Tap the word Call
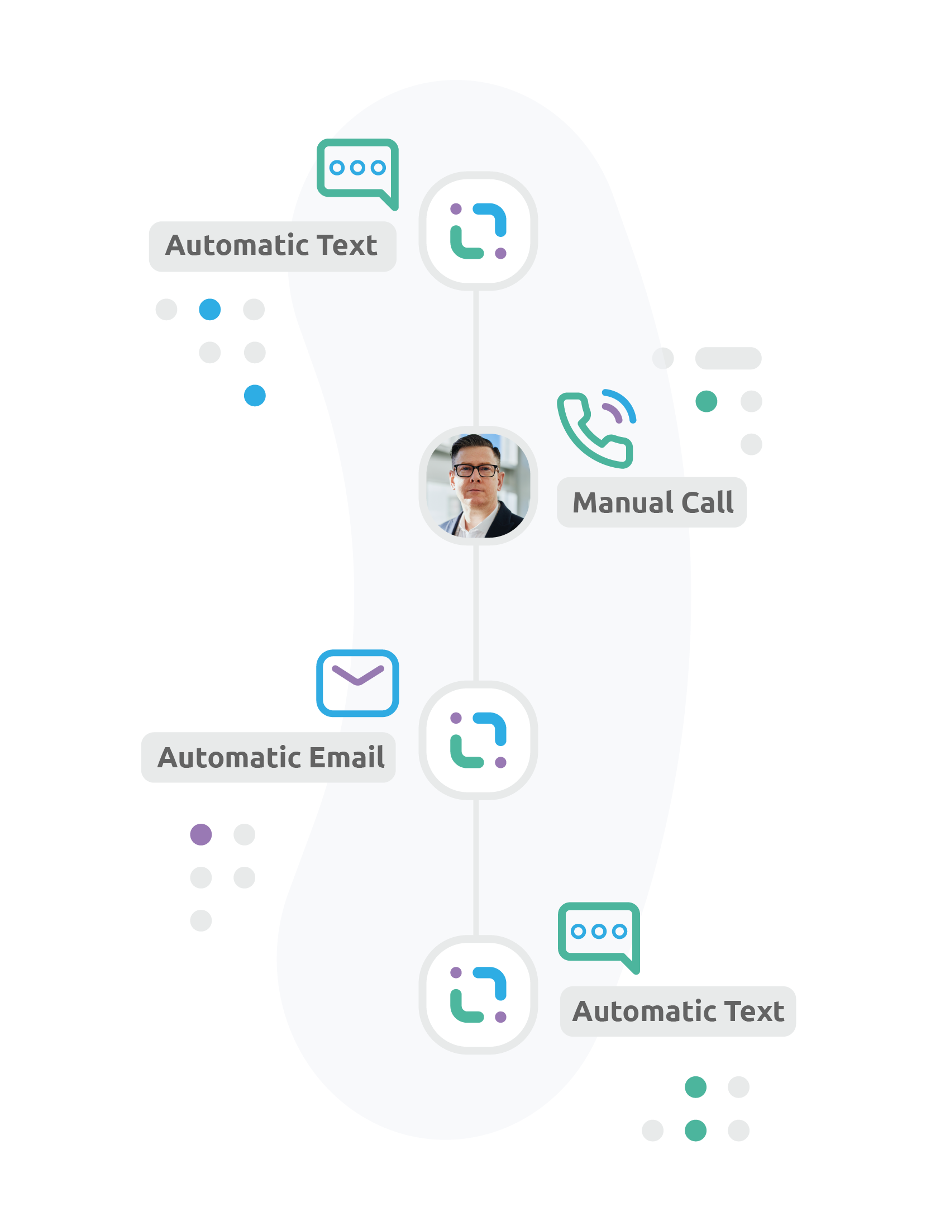coord(707,503)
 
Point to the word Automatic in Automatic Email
coord(230,757)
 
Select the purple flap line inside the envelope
coord(358,675)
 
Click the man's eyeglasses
coord(476,470)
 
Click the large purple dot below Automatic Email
coord(201,834)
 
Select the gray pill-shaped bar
coord(728,358)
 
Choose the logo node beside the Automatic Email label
coord(478,740)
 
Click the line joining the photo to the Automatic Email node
coord(476,613)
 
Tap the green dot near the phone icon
coord(707,401)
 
